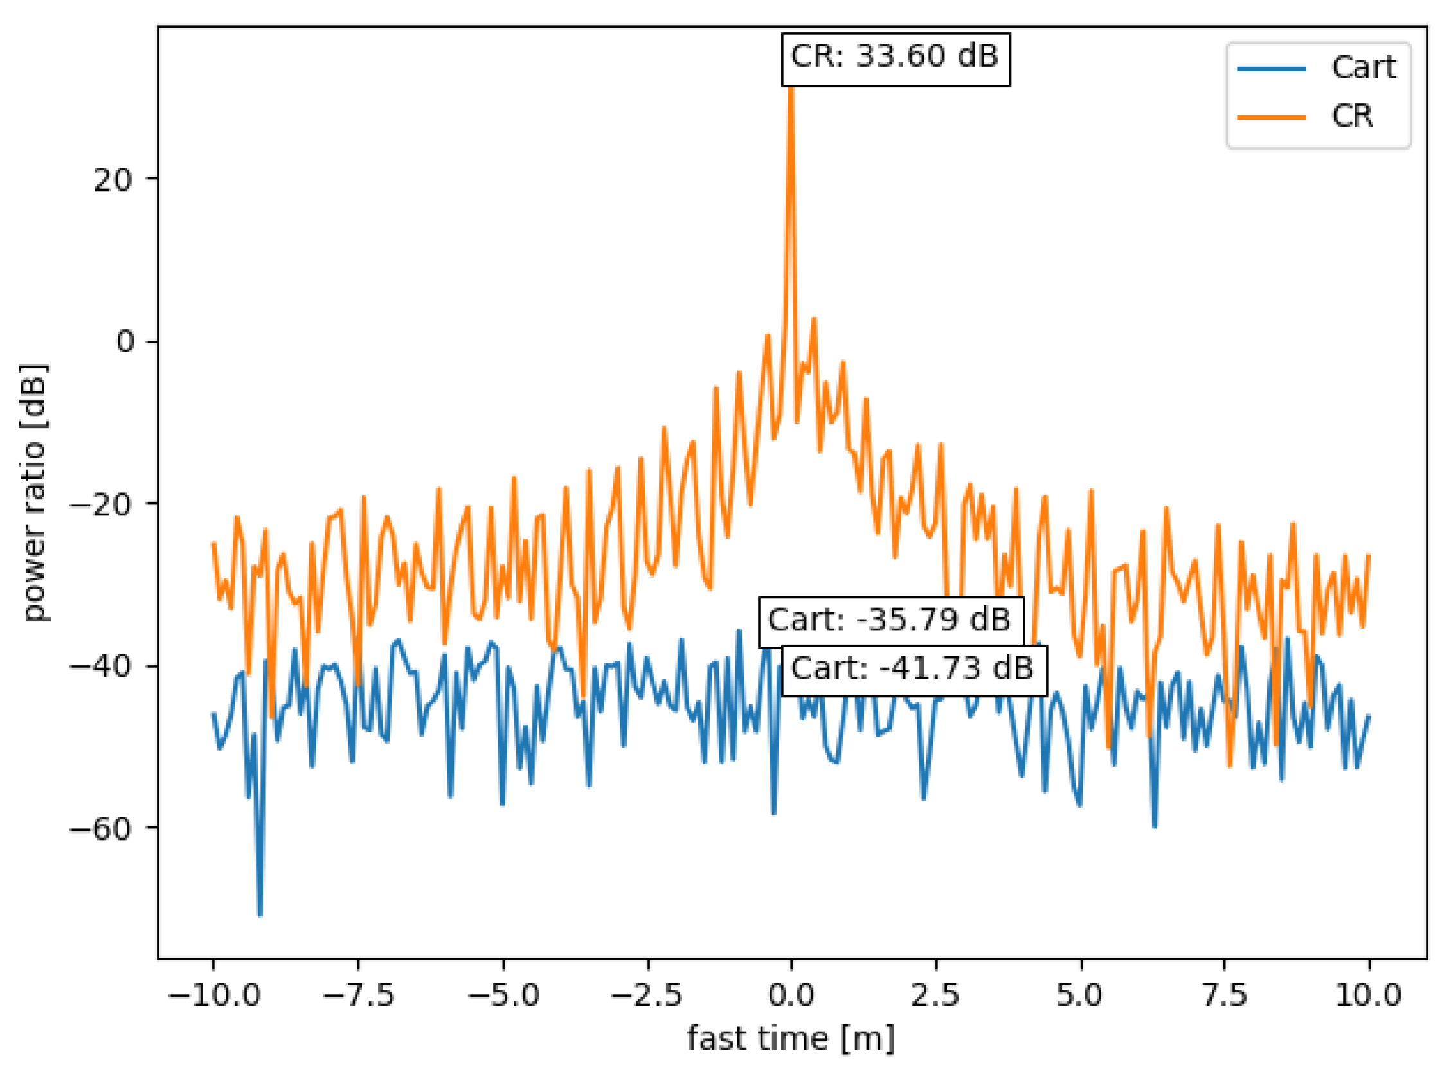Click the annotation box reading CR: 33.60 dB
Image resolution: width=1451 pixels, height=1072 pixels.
[895, 58]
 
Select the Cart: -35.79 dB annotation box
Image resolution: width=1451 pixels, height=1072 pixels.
[890, 621]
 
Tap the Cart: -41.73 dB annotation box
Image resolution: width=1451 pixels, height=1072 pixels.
[913, 670]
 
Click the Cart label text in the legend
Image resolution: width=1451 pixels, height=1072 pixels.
[1364, 68]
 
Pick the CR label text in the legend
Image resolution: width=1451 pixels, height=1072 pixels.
[1353, 117]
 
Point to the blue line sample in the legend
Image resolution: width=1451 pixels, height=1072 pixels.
[1271, 69]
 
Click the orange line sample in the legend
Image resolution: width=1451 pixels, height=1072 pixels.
[1271, 118]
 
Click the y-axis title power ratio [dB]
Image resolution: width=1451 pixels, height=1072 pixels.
[33, 493]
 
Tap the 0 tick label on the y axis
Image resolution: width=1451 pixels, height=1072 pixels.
[125, 342]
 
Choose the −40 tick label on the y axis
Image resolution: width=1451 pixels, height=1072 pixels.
[101, 666]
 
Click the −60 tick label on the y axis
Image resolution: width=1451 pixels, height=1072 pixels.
[101, 828]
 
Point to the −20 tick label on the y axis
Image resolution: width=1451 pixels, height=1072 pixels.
[101, 505]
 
